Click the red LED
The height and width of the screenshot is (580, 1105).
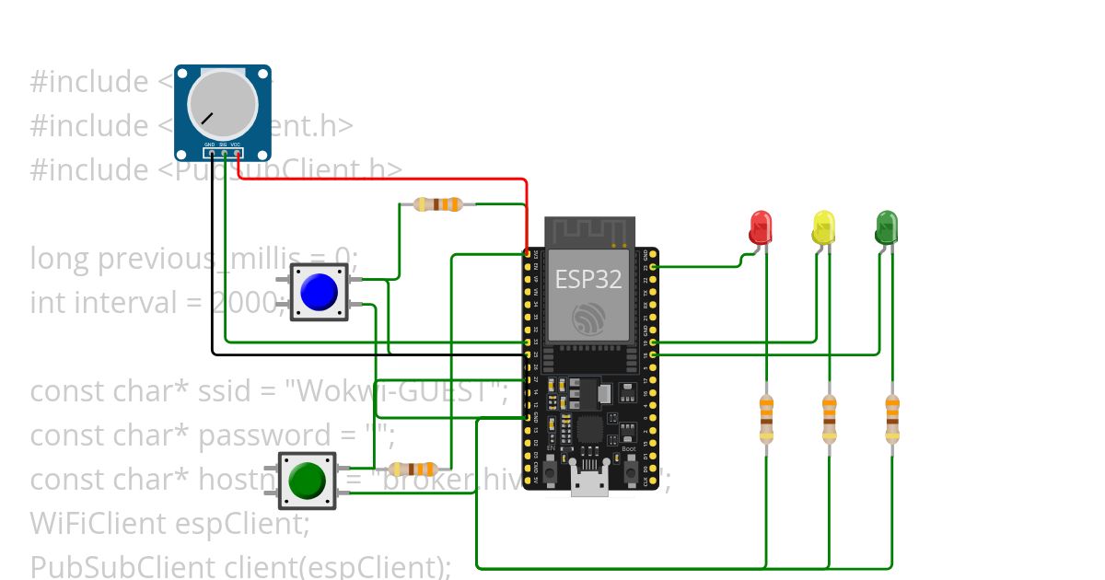pyautogui.click(x=761, y=226)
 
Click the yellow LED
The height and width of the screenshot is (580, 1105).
pyautogui.click(x=823, y=226)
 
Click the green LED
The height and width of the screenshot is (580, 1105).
pyautogui.click(x=886, y=226)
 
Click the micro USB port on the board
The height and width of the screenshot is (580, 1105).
pyautogui.click(x=589, y=482)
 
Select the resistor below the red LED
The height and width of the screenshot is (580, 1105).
pyautogui.click(x=766, y=418)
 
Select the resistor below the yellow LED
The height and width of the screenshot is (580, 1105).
pyautogui.click(x=829, y=418)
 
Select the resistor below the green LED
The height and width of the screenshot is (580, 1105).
pyautogui.click(x=891, y=418)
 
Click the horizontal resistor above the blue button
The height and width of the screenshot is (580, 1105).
pyautogui.click(x=437, y=204)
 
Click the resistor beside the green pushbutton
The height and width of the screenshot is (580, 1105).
pyautogui.click(x=412, y=470)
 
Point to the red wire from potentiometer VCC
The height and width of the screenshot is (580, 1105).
pyautogui.click(x=387, y=180)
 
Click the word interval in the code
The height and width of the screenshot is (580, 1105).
pyautogui.click(x=139, y=302)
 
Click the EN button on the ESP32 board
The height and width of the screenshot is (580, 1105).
pyautogui.click(x=550, y=470)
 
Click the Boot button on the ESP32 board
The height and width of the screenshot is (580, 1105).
pyautogui.click(x=632, y=470)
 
